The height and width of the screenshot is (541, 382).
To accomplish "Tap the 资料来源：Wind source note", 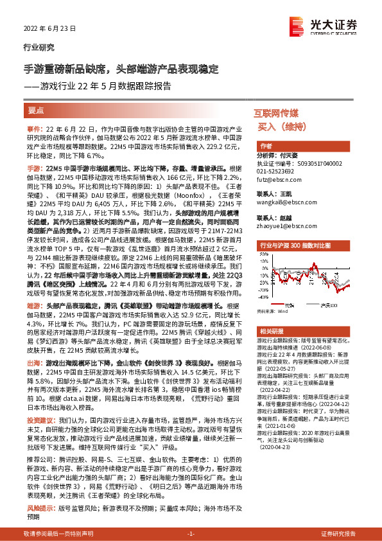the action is [272, 311].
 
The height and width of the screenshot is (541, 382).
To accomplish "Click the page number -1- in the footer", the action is [190, 534].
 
